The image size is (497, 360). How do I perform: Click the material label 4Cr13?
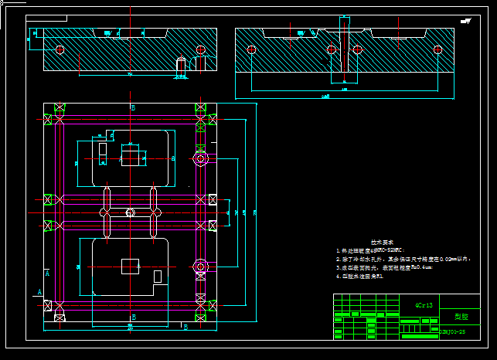click(x=424, y=304)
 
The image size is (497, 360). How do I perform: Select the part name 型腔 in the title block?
click(x=461, y=316)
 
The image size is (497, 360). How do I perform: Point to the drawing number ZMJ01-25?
click(x=453, y=331)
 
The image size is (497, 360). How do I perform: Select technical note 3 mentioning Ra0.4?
click(x=378, y=267)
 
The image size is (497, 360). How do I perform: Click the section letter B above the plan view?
click(x=133, y=108)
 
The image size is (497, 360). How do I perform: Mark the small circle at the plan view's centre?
click(x=131, y=212)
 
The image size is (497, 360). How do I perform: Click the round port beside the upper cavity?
click(x=200, y=158)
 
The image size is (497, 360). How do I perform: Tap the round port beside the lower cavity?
click(x=200, y=266)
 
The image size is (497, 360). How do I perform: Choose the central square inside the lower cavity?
click(x=131, y=266)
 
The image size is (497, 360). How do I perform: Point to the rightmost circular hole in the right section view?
click(x=437, y=50)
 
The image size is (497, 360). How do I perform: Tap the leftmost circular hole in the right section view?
click(x=251, y=50)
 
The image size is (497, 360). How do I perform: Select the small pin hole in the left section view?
click(x=180, y=66)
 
